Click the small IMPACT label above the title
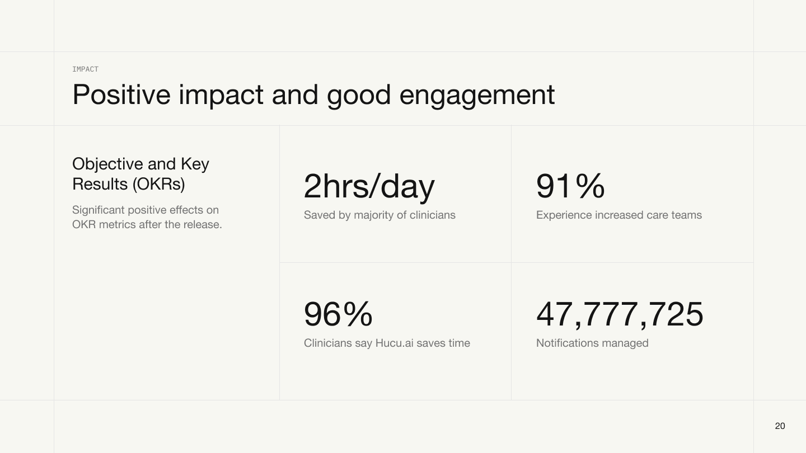pos(85,69)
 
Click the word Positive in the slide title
pos(121,95)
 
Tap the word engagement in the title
pos(477,96)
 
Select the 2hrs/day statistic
pos(369,187)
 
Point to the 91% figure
pos(570,186)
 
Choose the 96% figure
pos(338,314)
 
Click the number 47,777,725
pos(620,314)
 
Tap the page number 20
pos(780,426)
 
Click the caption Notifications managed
pos(592,343)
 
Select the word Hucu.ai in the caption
pos(395,343)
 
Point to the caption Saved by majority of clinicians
pos(379,215)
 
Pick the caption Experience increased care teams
pos(619,215)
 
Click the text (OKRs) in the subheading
pos(159,184)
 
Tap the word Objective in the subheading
pos(107,164)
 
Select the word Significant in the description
pos(99,210)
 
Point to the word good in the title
pos(359,96)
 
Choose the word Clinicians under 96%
pos(328,343)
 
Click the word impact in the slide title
pos(221,96)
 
